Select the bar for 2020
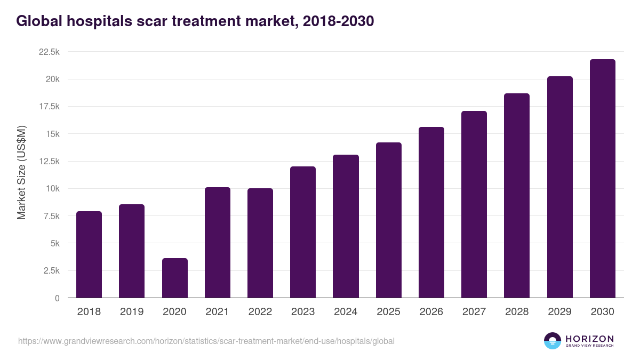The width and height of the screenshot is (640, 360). click(x=174, y=278)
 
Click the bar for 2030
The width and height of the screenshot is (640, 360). click(x=602, y=179)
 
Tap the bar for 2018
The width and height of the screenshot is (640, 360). click(x=89, y=254)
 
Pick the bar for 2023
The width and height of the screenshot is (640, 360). click(x=303, y=232)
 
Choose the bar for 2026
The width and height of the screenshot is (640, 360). click(x=431, y=212)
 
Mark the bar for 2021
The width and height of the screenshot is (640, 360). click(x=217, y=243)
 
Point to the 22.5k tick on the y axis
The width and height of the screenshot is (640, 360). click(x=49, y=52)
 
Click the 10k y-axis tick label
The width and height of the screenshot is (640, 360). click(x=51, y=189)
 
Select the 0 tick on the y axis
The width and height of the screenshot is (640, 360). click(x=57, y=298)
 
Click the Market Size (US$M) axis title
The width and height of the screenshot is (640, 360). click(x=21, y=172)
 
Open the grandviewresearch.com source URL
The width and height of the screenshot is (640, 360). click(x=206, y=341)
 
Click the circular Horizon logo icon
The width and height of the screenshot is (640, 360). click(x=553, y=341)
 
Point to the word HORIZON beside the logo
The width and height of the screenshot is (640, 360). click(x=590, y=339)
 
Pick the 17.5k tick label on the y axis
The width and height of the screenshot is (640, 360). click(x=49, y=107)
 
